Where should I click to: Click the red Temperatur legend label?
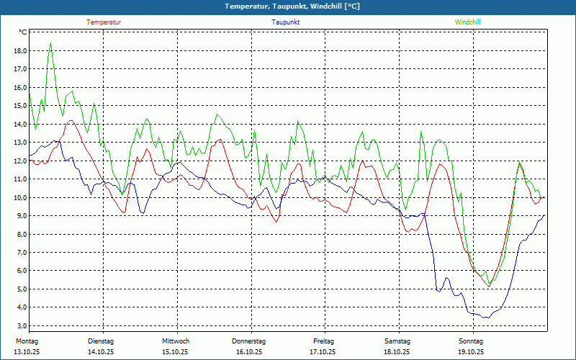pyautogui.click(x=104, y=22)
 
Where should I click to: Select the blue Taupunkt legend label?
pyautogui.click(x=286, y=22)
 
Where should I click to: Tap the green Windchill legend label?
pyautogui.click(x=468, y=22)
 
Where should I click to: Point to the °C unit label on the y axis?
pyautogui.click(x=23, y=32)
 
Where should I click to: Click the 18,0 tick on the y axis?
pyautogui.click(x=19, y=51)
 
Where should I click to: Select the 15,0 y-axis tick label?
pyautogui.click(x=19, y=106)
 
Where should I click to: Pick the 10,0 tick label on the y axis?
pyautogui.click(x=19, y=197)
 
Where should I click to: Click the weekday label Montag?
pyautogui.click(x=27, y=341)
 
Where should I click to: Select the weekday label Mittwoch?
pyautogui.click(x=176, y=341)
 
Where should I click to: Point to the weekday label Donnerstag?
pyautogui.click(x=249, y=341)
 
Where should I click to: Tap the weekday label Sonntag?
pyautogui.click(x=471, y=341)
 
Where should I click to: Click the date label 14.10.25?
pyautogui.click(x=102, y=352)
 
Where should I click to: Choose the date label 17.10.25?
pyautogui.click(x=323, y=352)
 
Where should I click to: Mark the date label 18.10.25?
pyautogui.click(x=397, y=352)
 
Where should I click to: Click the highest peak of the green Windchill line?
pyautogui.click(x=50, y=42)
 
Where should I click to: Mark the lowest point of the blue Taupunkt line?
pyautogui.click(x=487, y=318)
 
